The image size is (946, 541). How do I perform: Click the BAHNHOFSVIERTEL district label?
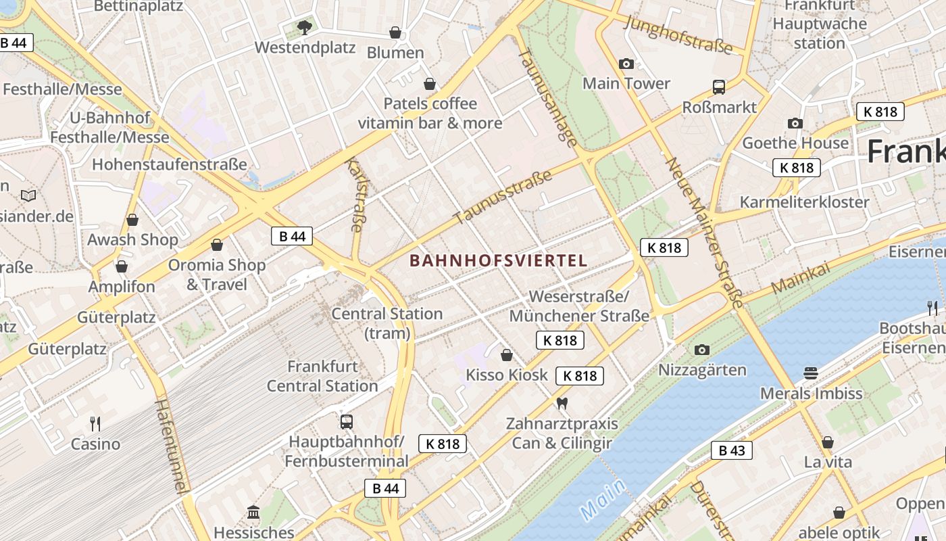498,261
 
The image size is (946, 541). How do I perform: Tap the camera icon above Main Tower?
626,64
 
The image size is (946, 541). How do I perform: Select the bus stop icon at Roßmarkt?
719,87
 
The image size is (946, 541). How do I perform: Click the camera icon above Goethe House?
795,123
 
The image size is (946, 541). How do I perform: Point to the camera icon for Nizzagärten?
702,350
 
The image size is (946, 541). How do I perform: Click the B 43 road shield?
731,450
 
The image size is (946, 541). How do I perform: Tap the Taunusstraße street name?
503,197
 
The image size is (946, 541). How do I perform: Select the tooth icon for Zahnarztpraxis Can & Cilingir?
561,404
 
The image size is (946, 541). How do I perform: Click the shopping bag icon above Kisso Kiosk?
506,355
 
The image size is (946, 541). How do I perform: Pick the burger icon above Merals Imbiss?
811,373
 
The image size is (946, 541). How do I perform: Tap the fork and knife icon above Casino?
95,424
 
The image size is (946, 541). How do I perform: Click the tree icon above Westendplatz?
304,28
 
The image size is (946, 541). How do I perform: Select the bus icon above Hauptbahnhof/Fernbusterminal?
346,422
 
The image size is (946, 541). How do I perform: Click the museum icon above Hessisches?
253,513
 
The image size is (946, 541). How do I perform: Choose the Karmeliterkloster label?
804,202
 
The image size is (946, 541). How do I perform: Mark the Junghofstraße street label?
678,34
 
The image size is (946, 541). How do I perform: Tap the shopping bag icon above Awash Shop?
132,220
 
